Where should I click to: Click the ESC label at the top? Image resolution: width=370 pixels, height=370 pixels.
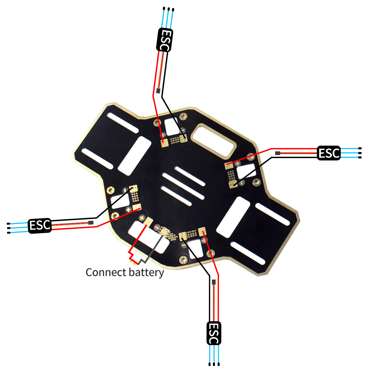tap(165, 40)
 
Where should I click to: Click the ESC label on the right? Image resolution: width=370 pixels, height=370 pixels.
tap(329, 153)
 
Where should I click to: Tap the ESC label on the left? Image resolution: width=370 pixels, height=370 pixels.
tap(40, 225)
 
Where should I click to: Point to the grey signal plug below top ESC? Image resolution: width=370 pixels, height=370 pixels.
tap(158, 90)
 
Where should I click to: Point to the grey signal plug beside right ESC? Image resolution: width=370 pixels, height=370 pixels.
tap(277, 153)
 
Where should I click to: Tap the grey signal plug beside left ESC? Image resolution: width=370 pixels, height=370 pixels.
tap(91, 223)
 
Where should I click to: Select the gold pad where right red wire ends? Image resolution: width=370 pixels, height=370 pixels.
tap(229, 165)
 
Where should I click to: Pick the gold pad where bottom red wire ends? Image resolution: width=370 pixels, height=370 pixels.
tap(202, 231)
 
